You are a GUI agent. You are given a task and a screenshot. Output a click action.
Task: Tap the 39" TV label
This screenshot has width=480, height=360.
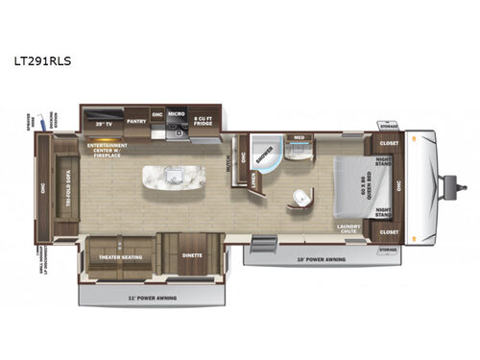click(105, 125)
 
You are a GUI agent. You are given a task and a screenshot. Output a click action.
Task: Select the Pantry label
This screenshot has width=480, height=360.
click(135, 122)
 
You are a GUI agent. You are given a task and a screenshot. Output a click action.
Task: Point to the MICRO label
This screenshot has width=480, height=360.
click(175, 114)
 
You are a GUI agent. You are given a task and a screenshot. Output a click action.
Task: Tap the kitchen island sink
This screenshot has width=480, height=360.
click(177, 177)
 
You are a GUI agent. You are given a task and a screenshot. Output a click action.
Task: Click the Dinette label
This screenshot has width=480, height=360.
click(191, 256)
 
